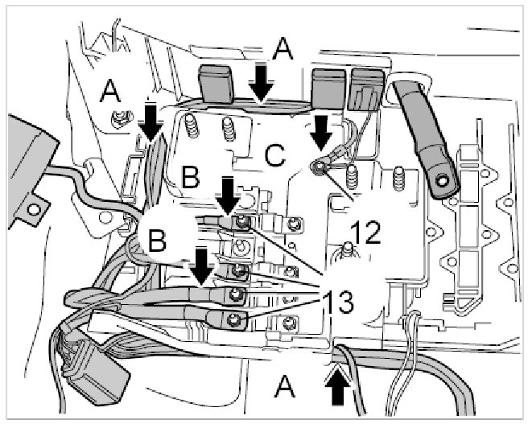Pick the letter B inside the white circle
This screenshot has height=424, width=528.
pyautogui.click(x=159, y=240)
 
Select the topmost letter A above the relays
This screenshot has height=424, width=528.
pyautogui.click(x=282, y=51)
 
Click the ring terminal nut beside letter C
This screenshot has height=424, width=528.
pyautogui.click(x=320, y=167)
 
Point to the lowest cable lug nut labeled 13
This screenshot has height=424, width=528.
pyautogui.click(x=234, y=323)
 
